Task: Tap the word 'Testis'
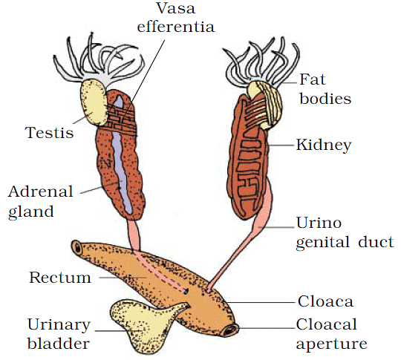[49, 133]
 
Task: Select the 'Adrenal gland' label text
[41, 201]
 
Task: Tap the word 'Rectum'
[60, 278]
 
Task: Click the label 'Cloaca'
[323, 301]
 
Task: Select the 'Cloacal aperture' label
[331, 334]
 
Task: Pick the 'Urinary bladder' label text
[59, 335]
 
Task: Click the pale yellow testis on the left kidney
[94, 102]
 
